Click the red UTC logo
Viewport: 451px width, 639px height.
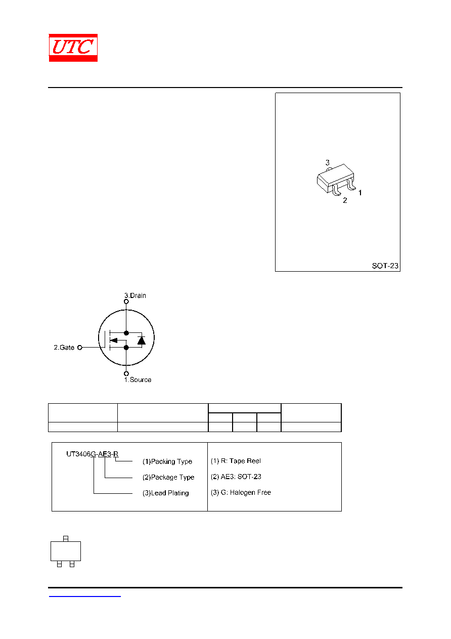coord(73,48)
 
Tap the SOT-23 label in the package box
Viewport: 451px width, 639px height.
coord(385,266)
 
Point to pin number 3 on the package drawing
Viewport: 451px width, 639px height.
coord(327,162)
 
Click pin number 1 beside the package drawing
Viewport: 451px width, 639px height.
coord(360,193)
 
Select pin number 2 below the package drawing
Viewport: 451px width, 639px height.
coord(345,200)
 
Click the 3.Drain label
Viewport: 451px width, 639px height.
coord(135,295)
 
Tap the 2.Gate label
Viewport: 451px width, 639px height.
coord(64,347)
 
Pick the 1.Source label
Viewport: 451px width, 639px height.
coord(138,379)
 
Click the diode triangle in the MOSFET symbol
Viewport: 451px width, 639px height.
coord(142,340)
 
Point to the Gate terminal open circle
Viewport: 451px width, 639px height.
coord(80,348)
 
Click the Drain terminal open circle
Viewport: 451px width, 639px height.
coord(126,302)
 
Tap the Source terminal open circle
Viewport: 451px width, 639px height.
coord(126,373)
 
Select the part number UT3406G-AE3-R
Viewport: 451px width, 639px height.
coord(93,454)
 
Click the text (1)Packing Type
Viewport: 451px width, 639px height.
coord(167,461)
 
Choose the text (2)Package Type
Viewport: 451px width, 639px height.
coord(168,477)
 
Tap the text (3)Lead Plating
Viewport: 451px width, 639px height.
coord(166,493)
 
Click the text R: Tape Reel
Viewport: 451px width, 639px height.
coord(241,461)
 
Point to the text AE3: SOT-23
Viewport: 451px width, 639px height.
coord(241,477)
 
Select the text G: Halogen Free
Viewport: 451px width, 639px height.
coord(246,492)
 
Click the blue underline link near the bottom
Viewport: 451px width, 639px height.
coord(85,596)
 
